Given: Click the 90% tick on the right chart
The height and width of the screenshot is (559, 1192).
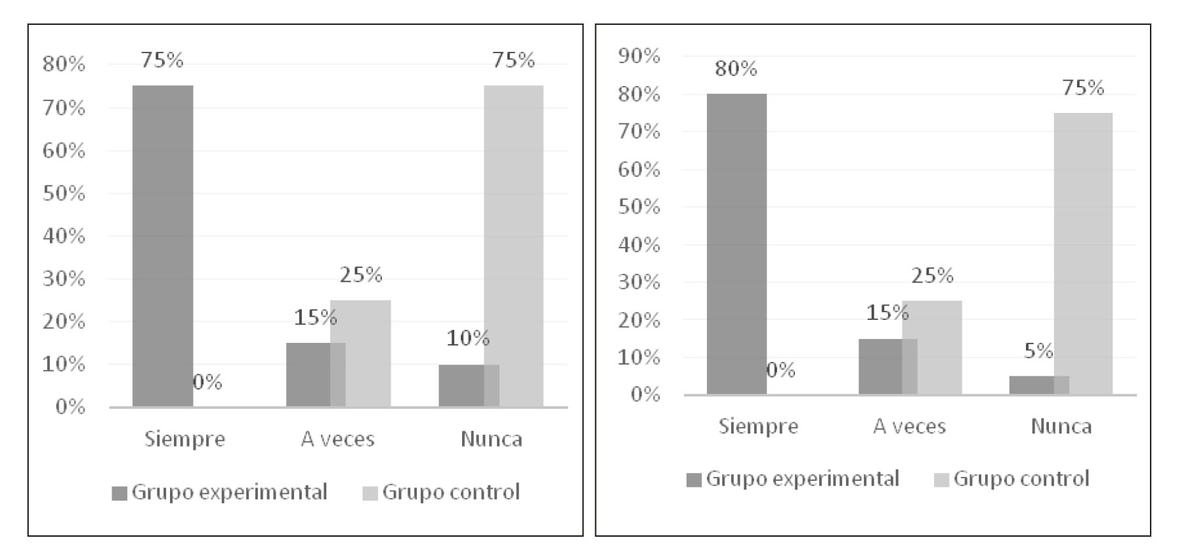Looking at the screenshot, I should (x=639, y=56).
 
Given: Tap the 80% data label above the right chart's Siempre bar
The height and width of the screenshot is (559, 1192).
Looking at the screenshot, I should (x=735, y=68).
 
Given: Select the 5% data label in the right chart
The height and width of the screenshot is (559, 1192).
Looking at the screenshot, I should (x=1038, y=351).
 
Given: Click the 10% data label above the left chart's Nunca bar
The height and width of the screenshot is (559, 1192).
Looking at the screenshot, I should (x=467, y=338).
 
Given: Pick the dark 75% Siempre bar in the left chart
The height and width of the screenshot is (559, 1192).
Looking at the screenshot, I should (x=163, y=246).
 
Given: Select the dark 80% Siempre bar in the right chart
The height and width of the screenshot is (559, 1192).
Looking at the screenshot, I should (x=736, y=244).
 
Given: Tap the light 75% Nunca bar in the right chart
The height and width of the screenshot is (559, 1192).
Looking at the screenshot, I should (x=1083, y=254).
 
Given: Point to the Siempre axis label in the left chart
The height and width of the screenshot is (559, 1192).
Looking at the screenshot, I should (x=184, y=439).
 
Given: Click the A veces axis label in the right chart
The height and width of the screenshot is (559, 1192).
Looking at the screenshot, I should (x=909, y=426).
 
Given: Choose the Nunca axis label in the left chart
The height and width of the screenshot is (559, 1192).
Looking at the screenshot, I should (x=491, y=439).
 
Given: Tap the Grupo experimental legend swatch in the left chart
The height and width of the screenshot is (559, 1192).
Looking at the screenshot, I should (x=119, y=493).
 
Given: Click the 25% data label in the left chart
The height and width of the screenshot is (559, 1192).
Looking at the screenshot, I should (x=360, y=275).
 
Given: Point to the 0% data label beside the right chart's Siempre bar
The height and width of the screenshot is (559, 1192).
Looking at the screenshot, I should (x=780, y=370).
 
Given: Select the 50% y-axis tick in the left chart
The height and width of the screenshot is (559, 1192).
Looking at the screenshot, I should (x=64, y=194).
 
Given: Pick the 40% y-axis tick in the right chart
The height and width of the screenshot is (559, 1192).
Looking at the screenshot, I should (x=639, y=245).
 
